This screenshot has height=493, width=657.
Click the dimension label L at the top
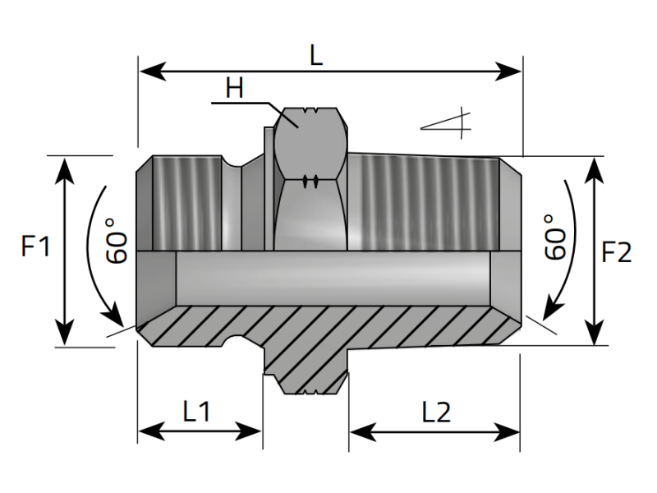click(x=316, y=56)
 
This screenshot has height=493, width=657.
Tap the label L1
click(x=197, y=411)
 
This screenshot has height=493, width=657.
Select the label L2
click(x=436, y=412)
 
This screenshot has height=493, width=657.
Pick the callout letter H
click(x=235, y=89)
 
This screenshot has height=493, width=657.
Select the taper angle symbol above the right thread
click(x=448, y=123)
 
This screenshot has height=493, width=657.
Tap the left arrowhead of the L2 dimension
click(x=359, y=431)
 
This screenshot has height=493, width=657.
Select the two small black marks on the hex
click(x=309, y=181)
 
